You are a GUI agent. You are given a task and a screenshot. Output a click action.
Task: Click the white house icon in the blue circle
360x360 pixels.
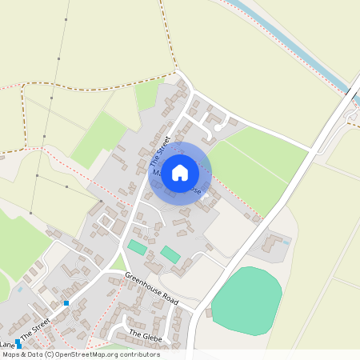pyautogui.click(x=180, y=171)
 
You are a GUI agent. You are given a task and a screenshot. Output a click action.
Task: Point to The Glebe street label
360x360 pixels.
pyautogui.click(x=146, y=334)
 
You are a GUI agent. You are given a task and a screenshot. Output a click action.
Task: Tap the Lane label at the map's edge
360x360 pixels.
pyautogui.click(x=7, y=344)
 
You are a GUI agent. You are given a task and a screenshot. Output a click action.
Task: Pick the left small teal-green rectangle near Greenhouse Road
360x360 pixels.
pyautogui.click(x=137, y=248)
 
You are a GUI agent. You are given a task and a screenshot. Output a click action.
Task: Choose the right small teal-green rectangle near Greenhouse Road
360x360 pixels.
pyautogui.click(x=170, y=255)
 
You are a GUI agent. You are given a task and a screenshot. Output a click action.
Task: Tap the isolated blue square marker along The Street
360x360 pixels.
pyautogui.click(x=66, y=303)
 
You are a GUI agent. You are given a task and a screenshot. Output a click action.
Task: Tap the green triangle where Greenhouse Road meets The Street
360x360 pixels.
pyautogui.click(x=118, y=264)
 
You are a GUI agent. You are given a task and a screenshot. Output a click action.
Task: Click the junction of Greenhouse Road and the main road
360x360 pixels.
pyautogui.click(x=194, y=308)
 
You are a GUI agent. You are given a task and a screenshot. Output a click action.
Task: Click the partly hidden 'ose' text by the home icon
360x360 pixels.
pyautogui.click(x=192, y=190)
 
